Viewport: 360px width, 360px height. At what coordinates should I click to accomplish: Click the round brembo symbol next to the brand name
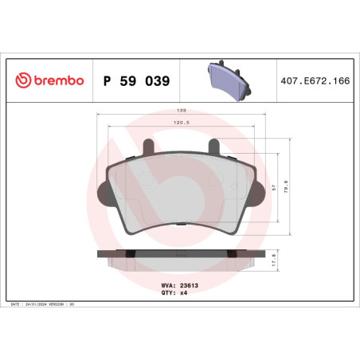pyautogui.click(x=22, y=80)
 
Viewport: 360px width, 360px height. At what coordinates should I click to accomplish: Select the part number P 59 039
pyautogui.click(x=136, y=80)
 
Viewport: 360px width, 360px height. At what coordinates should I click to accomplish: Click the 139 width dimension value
pyautogui.click(x=182, y=110)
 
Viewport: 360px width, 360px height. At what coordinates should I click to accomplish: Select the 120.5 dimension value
pyautogui.click(x=182, y=123)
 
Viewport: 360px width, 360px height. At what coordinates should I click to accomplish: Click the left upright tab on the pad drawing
pyautogui.click(x=147, y=148)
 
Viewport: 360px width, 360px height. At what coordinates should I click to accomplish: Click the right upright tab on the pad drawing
pyautogui.click(x=213, y=148)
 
